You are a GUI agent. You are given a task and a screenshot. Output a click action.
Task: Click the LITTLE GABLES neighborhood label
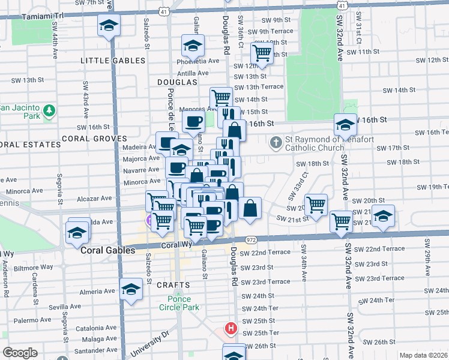click(x=113, y=61)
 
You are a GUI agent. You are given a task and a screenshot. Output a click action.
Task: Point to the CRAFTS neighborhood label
click(x=175, y=285)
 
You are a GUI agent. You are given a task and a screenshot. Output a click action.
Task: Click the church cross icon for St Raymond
click(x=276, y=143)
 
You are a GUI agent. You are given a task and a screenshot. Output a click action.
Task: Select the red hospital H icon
click(x=230, y=328)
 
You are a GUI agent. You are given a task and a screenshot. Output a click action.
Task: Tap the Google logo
click(x=20, y=353)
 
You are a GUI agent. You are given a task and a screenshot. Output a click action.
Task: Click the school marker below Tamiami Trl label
click(x=109, y=25)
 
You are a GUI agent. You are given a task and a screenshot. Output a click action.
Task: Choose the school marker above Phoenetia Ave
click(x=193, y=46)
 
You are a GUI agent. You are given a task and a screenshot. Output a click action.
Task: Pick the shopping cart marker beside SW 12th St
click(x=262, y=53)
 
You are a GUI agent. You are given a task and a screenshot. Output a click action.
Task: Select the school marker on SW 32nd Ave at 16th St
click(x=345, y=125)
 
